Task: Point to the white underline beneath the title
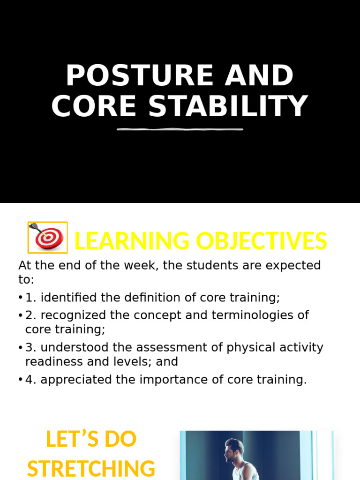point(180,129)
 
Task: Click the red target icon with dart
point(48,237)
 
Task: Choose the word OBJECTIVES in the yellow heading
point(261,241)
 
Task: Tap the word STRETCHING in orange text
point(91,469)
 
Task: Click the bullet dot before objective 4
point(21,380)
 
